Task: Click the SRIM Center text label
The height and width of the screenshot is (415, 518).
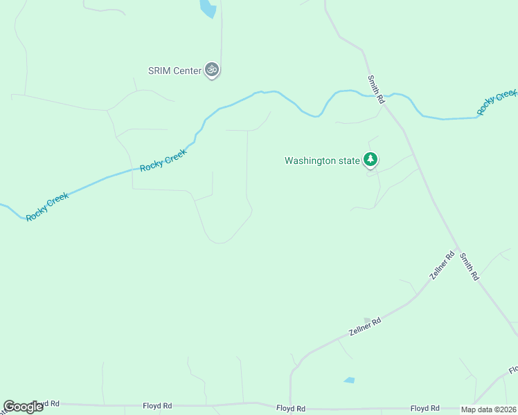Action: (175, 71)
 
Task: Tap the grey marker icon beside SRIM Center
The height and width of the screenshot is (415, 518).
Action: (213, 70)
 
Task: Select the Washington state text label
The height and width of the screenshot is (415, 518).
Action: (322, 161)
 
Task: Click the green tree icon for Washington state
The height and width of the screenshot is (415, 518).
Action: (371, 160)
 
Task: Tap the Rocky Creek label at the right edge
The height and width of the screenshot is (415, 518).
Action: (497, 102)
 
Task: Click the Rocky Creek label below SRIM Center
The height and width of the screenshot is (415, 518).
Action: (163, 159)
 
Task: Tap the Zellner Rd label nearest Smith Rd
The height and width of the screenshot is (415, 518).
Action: (441, 266)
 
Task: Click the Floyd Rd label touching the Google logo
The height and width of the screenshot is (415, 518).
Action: (47, 404)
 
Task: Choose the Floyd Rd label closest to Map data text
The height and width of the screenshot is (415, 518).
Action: (425, 409)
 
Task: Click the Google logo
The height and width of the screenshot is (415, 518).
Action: (22, 407)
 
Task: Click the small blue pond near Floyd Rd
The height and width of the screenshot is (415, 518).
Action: (349, 380)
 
